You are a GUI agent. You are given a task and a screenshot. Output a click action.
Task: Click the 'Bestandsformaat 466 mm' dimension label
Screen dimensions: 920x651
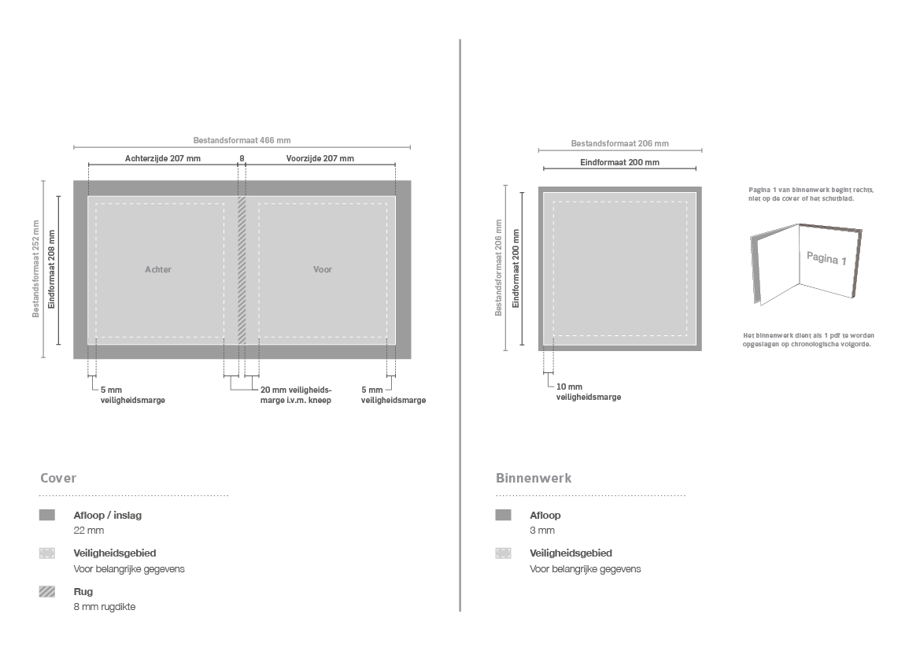click(242, 140)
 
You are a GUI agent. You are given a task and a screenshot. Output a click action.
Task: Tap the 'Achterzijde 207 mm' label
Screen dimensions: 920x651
click(163, 158)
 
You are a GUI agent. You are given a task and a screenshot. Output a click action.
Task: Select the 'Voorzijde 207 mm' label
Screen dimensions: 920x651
click(320, 158)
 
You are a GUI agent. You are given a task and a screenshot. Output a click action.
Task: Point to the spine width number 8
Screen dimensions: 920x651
click(242, 158)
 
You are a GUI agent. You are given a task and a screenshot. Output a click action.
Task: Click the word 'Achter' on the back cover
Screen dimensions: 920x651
click(158, 269)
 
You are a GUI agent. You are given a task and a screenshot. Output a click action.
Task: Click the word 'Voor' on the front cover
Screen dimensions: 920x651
click(322, 269)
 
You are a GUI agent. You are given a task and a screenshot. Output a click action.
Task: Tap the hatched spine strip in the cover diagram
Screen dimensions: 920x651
click(242, 270)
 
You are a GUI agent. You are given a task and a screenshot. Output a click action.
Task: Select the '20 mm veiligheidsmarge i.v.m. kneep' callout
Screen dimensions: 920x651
click(296, 395)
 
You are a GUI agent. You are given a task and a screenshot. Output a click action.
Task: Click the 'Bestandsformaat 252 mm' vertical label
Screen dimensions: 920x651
click(35, 269)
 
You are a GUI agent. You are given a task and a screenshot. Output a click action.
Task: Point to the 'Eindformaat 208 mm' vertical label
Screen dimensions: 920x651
click(52, 269)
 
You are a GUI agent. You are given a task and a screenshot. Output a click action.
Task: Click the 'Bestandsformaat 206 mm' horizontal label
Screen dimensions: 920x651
click(619, 143)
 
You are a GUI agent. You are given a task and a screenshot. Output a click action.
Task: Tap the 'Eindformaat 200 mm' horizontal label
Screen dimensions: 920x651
click(619, 162)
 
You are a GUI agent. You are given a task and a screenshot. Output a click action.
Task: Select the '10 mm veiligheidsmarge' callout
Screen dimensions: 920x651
click(589, 392)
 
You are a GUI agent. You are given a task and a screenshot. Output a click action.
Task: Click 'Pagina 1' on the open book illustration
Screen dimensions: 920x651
click(826, 257)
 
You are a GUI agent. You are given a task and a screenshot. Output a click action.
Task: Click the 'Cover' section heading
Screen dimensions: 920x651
click(58, 478)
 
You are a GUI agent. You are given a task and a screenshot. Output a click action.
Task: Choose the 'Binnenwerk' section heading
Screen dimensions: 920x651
click(534, 478)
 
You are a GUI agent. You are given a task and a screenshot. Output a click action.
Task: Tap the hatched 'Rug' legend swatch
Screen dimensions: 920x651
click(47, 592)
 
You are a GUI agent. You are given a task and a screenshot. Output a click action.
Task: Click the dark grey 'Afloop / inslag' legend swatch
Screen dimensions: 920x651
click(47, 515)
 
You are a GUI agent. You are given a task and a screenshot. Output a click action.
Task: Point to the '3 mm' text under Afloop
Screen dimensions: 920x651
click(542, 531)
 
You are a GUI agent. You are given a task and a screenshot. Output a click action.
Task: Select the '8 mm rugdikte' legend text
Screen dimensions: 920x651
click(105, 607)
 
